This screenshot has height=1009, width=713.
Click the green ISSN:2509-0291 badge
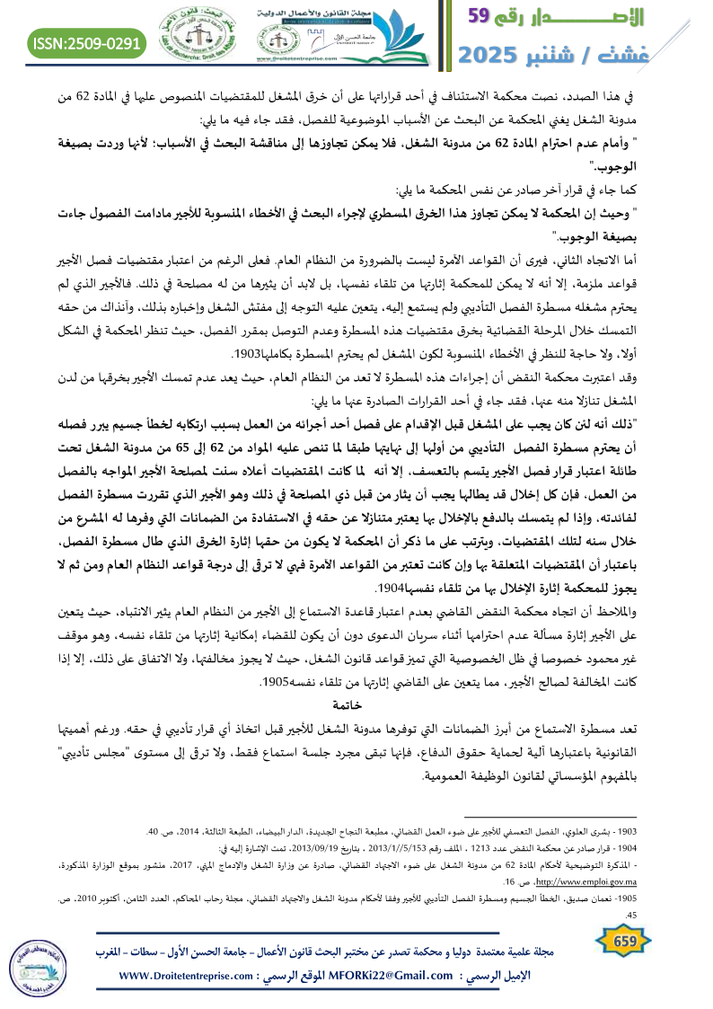[x=87, y=41]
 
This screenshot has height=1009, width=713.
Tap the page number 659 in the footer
[x=619, y=940]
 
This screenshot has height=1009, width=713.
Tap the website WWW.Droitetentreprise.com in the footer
[x=194, y=975]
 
